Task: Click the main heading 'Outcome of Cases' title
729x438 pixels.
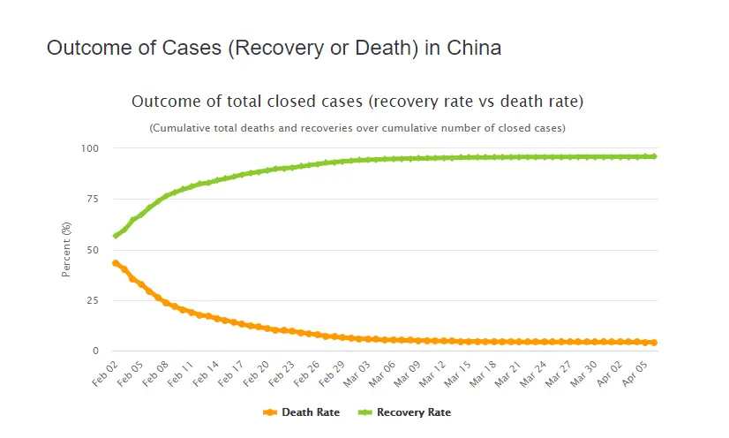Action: pyautogui.click(x=274, y=49)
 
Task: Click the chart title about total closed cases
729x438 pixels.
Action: pyautogui.click(x=357, y=102)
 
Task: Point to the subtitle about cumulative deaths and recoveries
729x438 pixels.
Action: pyautogui.click(x=357, y=128)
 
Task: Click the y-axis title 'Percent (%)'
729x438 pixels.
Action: pyautogui.click(x=66, y=250)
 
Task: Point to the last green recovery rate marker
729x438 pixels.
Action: pyautogui.click(x=653, y=156)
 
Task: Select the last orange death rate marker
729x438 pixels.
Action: pyautogui.click(x=653, y=343)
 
